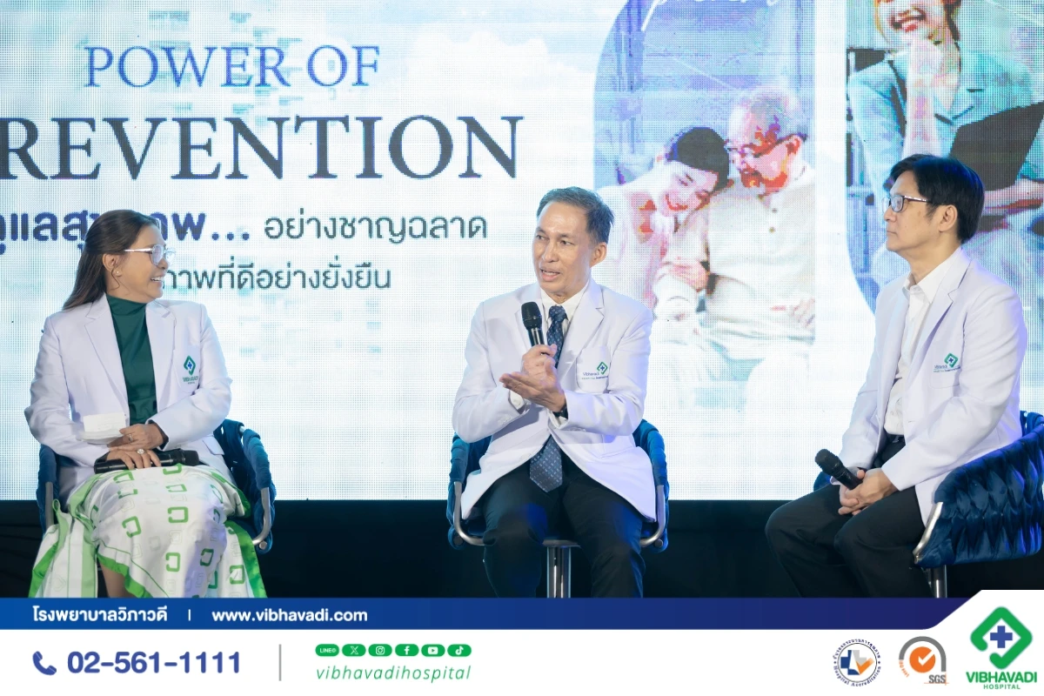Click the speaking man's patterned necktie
(x=548, y=435)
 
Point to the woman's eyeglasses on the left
(x=151, y=253)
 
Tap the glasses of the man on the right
(x=905, y=203)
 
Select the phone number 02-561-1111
(x=154, y=663)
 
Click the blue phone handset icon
(x=43, y=663)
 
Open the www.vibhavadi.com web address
(x=290, y=615)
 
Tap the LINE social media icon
(x=327, y=650)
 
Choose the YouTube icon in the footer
(x=432, y=650)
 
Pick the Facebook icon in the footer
(x=406, y=650)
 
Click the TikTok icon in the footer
(x=458, y=650)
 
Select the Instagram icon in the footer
(x=380, y=650)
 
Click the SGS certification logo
(x=922, y=659)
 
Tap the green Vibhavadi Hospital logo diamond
(x=1000, y=637)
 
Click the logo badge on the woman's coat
(x=190, y=366)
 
